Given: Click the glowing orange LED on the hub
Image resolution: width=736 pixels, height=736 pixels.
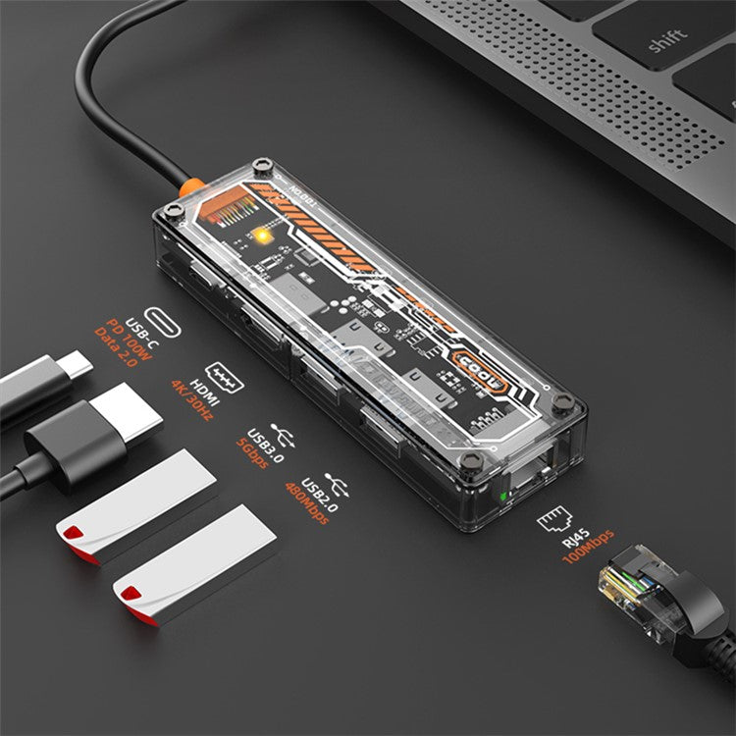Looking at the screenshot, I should pyautogui.click(x=262, y=236).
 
